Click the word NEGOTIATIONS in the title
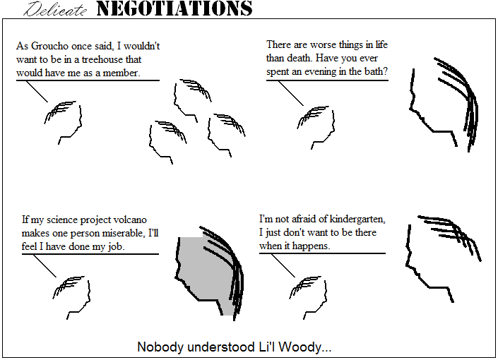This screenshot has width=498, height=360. coord(174,9)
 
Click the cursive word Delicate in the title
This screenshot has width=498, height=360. coord(57,10)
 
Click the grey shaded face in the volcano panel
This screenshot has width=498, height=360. coord(205,272)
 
